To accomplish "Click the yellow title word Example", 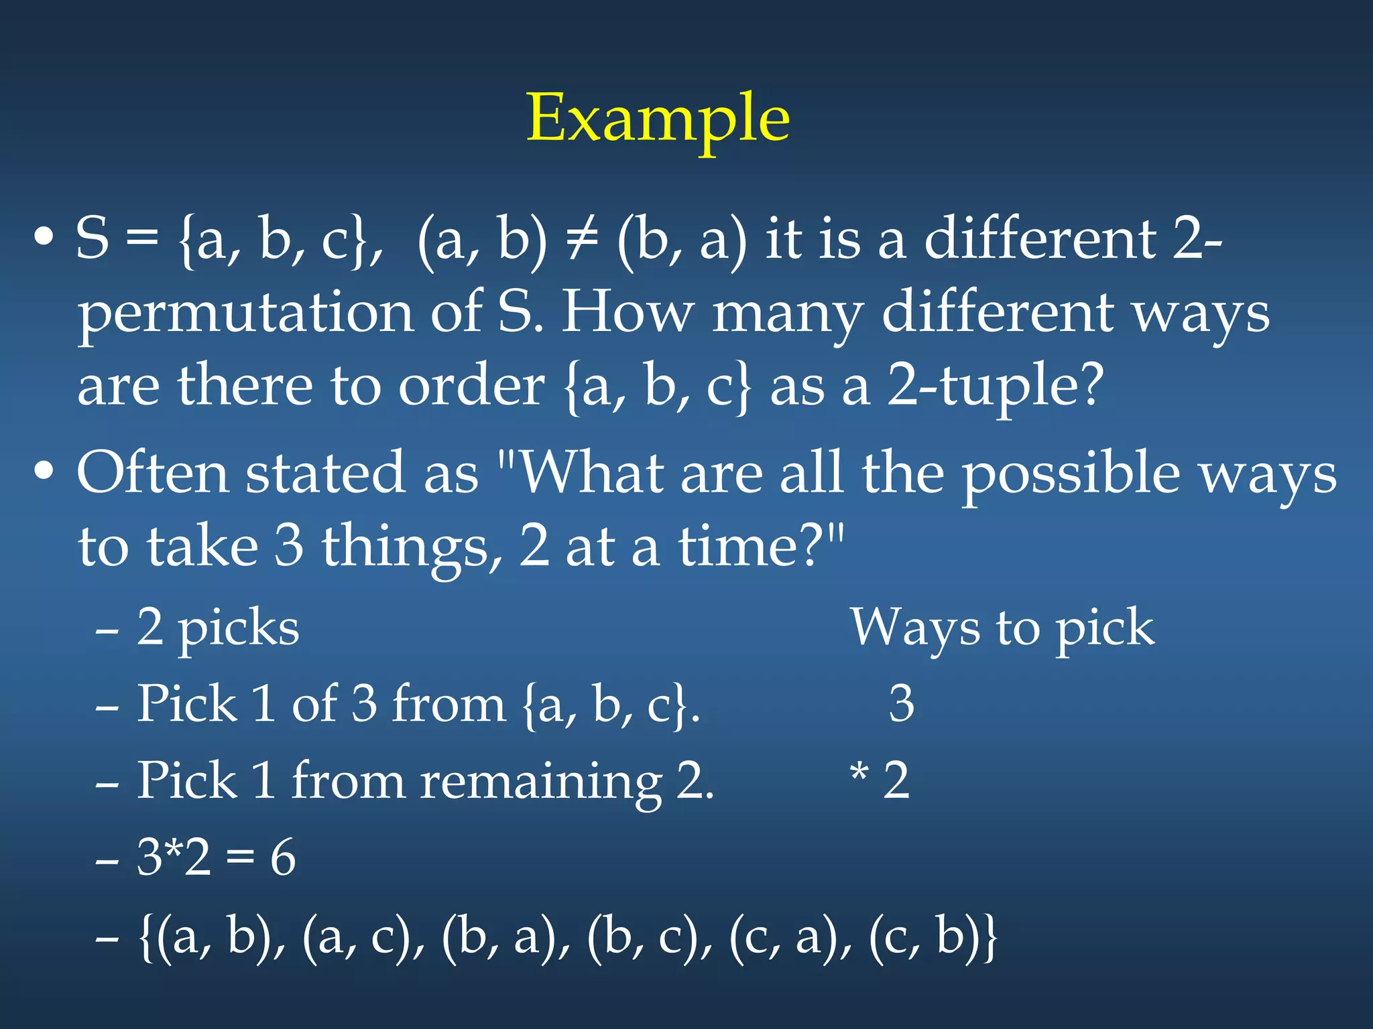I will tap(658, 119).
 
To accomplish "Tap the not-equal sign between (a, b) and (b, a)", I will tap(581, 239).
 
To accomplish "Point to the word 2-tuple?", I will tap(995, 387).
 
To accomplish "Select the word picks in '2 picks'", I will tap(239, 630).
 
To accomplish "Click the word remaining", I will tap(540, 782).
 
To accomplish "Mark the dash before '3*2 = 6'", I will tap(107, 861).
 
